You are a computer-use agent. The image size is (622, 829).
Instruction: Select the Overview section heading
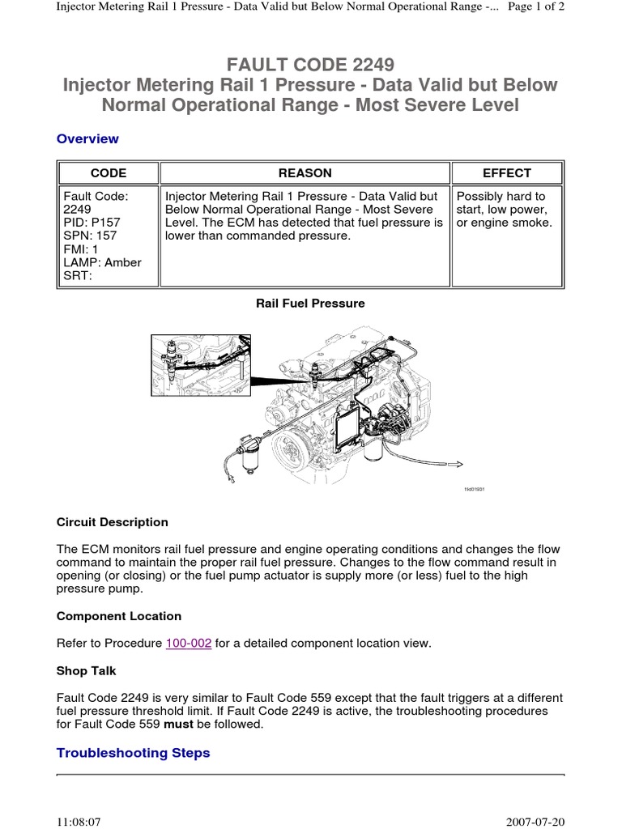click(87, 138)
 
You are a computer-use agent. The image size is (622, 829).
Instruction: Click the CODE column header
click(108, 172)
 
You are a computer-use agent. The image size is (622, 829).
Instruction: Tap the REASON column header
click(305, 172)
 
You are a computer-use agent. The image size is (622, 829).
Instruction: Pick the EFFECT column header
click(507, 172)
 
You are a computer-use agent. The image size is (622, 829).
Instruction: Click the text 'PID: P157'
click(91, 223)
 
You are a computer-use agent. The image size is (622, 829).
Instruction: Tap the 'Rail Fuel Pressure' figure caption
click(310, 303)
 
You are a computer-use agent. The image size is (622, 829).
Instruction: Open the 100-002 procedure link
click(189, 644)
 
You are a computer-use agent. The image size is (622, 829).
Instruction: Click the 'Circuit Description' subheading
click(113, 522)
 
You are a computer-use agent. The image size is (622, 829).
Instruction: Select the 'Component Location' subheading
click(119, 616)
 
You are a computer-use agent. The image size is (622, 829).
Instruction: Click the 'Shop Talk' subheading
click(87, 670)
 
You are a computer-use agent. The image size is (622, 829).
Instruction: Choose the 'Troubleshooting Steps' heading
click(133, 753)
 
